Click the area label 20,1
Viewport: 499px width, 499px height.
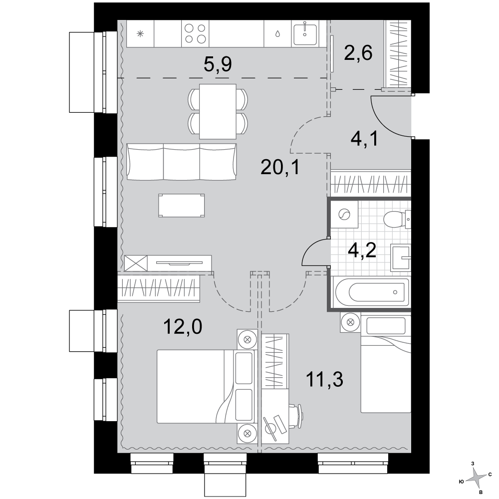[x=280, y=167]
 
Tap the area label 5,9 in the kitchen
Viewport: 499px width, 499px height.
[x=218, y=64]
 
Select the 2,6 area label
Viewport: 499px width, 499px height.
[x=358, y=53]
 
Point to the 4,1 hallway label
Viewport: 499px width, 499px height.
[x=364, y=139]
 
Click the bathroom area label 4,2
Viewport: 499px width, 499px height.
[x=362, y=250]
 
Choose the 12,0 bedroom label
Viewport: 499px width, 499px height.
[x=183, y=327]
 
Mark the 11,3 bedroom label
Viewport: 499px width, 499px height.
[x=325, y=379]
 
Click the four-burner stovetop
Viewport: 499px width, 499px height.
[x=195, y=33]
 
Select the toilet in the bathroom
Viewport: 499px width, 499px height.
[x=397, y=219]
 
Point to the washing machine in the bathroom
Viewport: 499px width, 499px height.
[x=344, y=215]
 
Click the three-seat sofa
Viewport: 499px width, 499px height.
[x=182, y=161]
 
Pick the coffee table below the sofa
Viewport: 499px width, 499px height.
[x=182, y=206]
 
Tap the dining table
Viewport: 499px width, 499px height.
[x=218, y=111]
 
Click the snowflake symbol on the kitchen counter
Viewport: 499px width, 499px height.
[x=140, y=33]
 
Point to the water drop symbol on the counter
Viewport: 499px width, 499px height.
[x=277, y=33]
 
